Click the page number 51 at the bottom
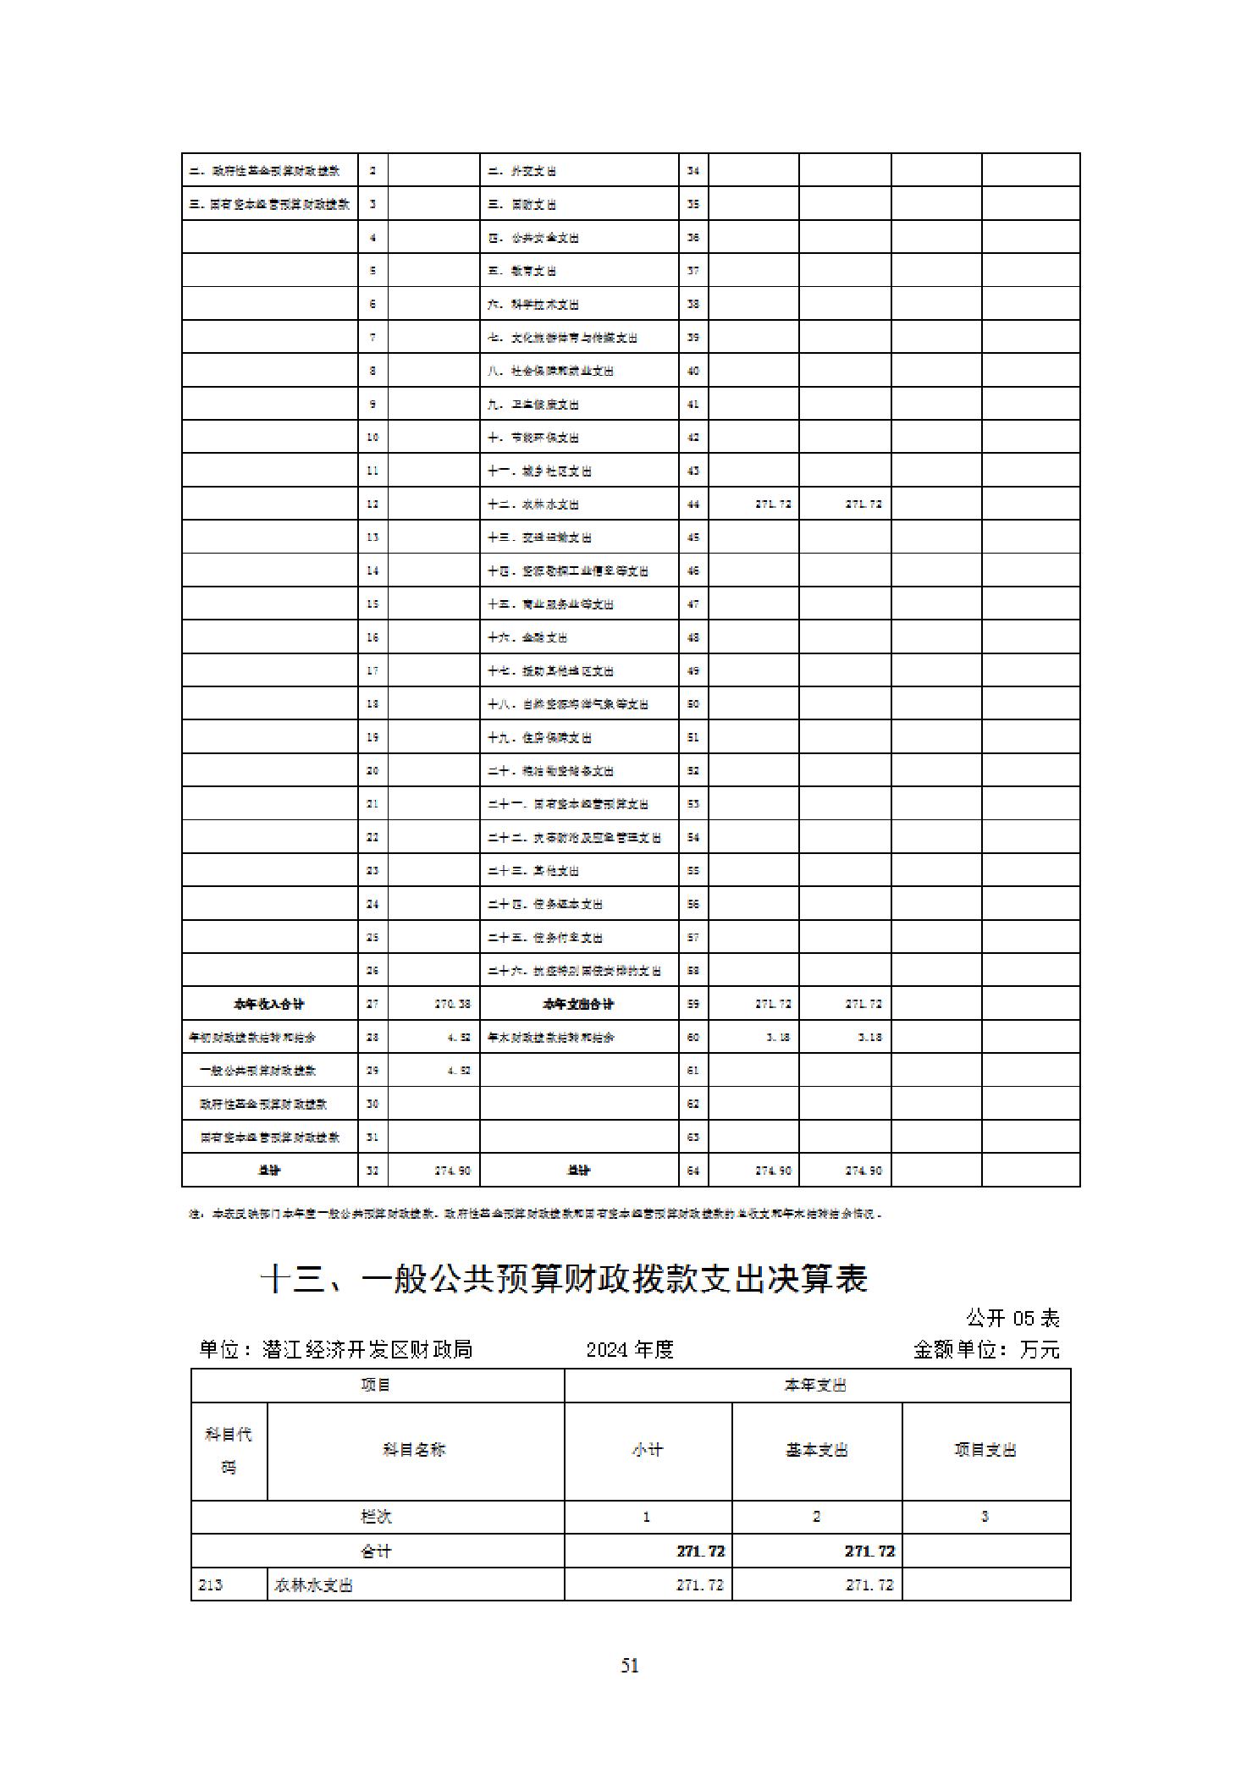coord(629,1666)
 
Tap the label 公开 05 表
coord(1012,1318)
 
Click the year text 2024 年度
coord(630,1349)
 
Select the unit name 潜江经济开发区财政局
coord(335,1349)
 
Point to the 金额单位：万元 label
coord(986,1349)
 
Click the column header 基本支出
coord(816,1450)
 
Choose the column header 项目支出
coord(985,1450)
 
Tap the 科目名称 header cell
coord(414,1450)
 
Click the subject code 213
coord(211,1584)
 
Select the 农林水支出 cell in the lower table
coord(313,1584)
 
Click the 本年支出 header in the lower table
coord(816,1386)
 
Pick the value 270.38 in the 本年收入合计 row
coord(453,1004)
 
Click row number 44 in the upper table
coord(693,504)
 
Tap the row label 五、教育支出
coord(522,271)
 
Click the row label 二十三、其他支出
coord(533,871)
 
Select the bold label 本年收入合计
coord(269,1004)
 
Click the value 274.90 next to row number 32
coord(453,1171)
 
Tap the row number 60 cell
coord(693,1037)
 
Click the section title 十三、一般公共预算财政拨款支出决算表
coord(564,1279)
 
